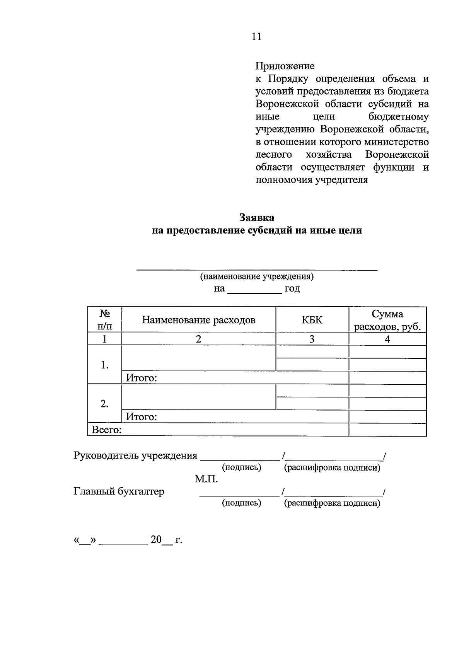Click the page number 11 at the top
pos(256,37)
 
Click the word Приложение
pos(285,66)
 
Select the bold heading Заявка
pos(256,218)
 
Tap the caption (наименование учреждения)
pos(256,276)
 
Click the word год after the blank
pos(292,288)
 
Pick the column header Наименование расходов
pos(198,320)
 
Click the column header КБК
pos(312,320)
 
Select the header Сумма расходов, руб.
pos(387,320)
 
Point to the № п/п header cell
pos(104,320)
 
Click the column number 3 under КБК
pos(312,339)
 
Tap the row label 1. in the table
pos(104,365)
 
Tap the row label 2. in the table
pos(104,404)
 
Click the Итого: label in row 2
pos(142,417)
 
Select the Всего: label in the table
pos(107,430)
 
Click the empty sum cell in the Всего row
pos(387,430)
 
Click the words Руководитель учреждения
pos(135,455)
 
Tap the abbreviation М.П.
pos(206,479)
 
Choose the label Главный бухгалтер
pos(119,491)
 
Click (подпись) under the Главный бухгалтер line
pos(241,503)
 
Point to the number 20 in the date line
pos(156,540)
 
